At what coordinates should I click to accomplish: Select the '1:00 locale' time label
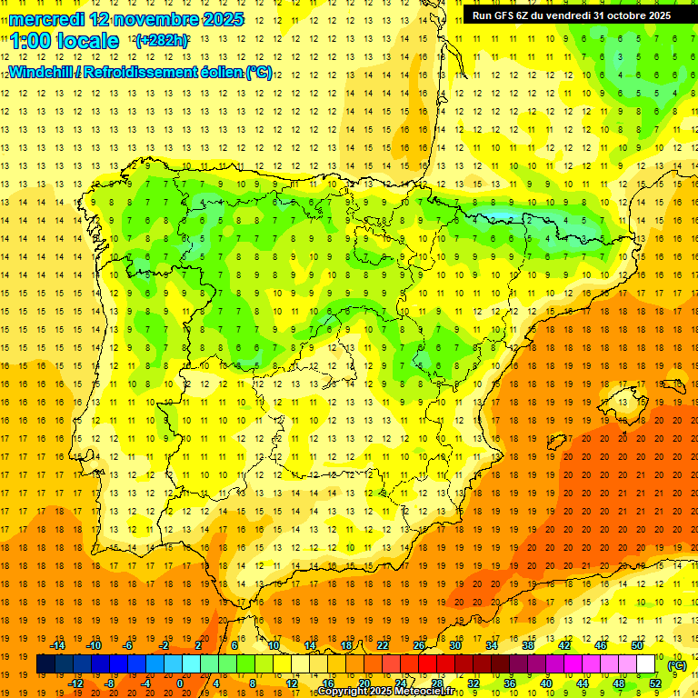[65, 41]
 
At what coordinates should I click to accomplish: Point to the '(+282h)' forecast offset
[163, 41]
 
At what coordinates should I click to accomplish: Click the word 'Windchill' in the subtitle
[44, 72]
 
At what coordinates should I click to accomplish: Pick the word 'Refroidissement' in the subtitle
[155, 72]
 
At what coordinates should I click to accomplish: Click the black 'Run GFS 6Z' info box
[572, 15]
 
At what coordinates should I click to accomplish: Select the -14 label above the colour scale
[58, 645]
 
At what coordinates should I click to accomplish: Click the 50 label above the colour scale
[636, 645]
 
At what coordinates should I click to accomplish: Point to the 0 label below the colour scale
[179, 683]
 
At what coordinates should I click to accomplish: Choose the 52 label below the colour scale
[655, 683]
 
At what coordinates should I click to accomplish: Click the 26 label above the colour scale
[419, 645]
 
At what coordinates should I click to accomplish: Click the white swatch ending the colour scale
[646, 664]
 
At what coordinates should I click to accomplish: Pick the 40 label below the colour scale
[546, 683]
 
